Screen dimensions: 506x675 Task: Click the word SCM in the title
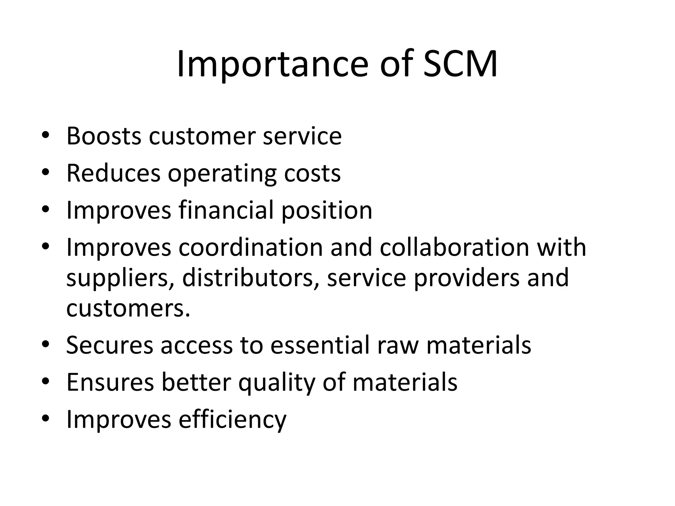click(x=460, y=64)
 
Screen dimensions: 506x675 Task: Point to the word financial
click(x=226, y=210)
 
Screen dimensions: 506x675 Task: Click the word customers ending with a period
click(x=128, y=308)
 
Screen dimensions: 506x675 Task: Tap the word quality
click(x=277, y=382)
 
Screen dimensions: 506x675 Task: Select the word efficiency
click(x=232, y=419)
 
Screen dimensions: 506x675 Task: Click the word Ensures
click(x=110, y=382)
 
